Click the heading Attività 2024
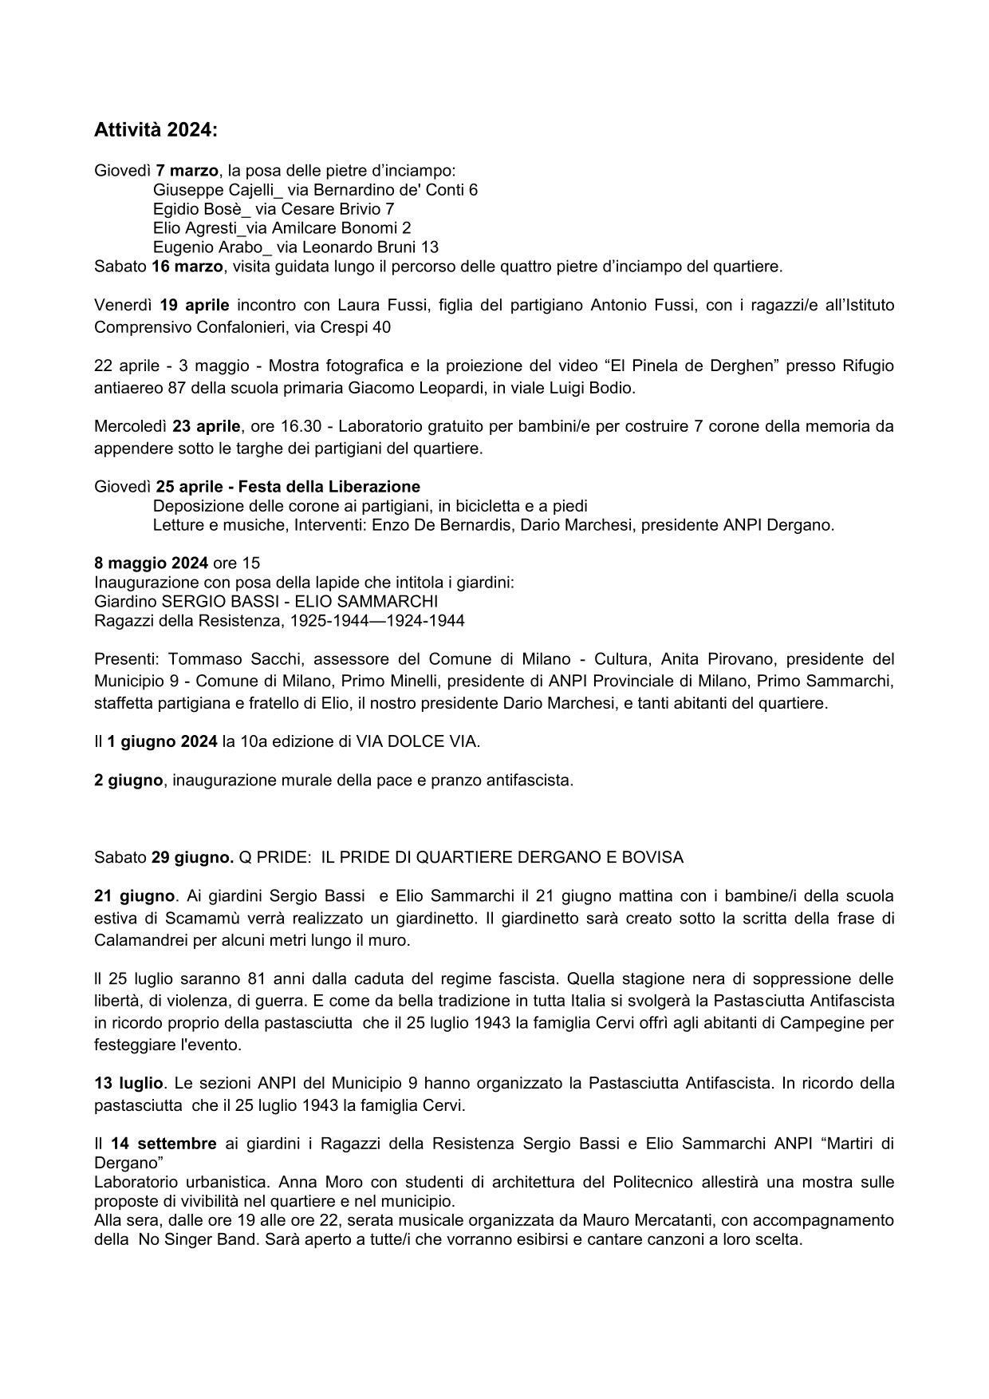(156, 129)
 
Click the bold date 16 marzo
(187, 266)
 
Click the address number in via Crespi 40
(382, 327)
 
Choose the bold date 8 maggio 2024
(152, 563)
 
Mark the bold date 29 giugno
(192, 857)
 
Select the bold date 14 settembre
(164, 1144)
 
